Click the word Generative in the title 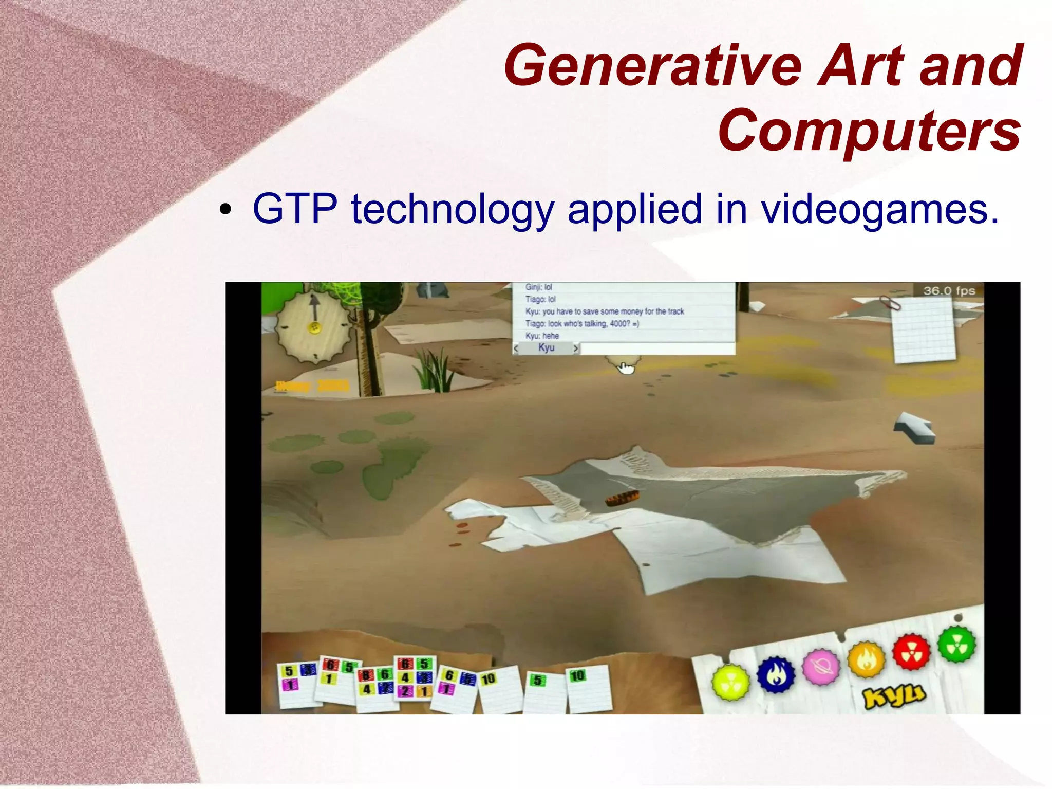[x=652, y=66]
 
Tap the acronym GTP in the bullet [x=295, y=209]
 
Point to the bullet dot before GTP [x=225, y=210]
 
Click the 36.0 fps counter [x=949, y=291]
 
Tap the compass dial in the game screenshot [x=314, y=327]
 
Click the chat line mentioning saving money [x=604, y=311]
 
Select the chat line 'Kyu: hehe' [x=542, y=336]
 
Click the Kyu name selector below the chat [x=546, y=348]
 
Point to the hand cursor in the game [x=626, y=368]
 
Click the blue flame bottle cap [x=776, y=675]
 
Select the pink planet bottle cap [x=821, y=667]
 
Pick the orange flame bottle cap [x=867, y=658]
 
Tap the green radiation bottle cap [x=956, y=645]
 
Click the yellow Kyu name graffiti [x=894, y=695]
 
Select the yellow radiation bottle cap [x=730, y=682]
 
